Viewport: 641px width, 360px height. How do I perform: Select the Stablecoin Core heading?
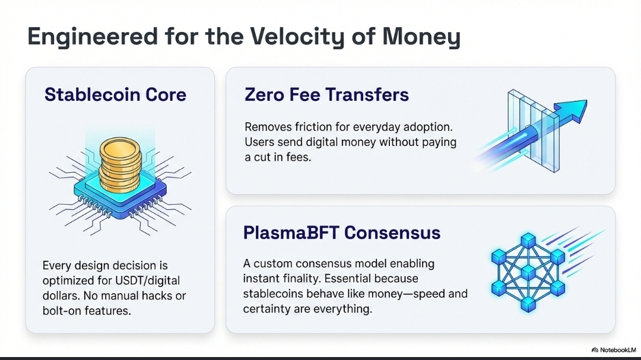[115, 94]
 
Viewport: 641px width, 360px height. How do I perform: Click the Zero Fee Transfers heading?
[326, 94]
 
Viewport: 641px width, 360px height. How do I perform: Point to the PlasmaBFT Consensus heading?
[342, 232]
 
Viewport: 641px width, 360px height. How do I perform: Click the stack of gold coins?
[120, 164]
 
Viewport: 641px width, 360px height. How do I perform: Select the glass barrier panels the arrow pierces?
[533, 130]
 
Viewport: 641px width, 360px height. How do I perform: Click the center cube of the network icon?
[528, 273]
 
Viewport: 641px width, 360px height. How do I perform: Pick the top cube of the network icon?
[528, 241]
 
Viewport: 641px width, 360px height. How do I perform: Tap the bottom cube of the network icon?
[528, 304]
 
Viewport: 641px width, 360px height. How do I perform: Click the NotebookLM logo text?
[618, 350]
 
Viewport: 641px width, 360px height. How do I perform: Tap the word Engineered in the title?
[93, 37]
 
